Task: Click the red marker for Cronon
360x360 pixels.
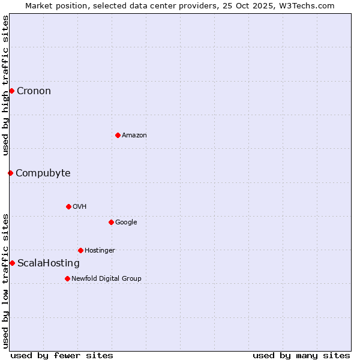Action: pyautogui.click(x=11, y=91)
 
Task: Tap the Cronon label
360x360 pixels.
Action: pyautogui.click(x=34, y=91)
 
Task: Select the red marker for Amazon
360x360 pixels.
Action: pyautogui.click(x=118, y=135)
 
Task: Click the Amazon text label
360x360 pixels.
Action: pyautogui.click(x=134, y=136)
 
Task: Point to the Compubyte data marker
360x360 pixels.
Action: pyautogui.click(x=10, y=173)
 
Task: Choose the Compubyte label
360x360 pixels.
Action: pyautogui.click(x=43, y=173)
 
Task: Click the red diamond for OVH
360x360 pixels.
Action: pyautogui.click(x=68, y=206)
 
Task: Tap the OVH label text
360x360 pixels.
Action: pyautogui.click(x=80, y=207)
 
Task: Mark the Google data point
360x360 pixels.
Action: pyautogui.click(x=111, y=222)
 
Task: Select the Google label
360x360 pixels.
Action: pyautogui.click(x=126, y=223)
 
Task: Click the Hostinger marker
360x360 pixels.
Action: pyautogui.click(x=80, y=250)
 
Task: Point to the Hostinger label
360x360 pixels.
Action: pyautogui.click(x=100, y=251)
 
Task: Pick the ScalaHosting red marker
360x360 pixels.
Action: pyautogui.click(x=12, y=263)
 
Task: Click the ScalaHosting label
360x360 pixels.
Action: pyautogui.click(x=48, y=263)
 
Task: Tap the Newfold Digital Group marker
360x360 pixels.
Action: pyautogui.click(x=67, y=278)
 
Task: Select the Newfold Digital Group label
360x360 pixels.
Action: pyautogui.click(x=106, y=279)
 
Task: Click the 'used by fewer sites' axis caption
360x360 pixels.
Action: pyautogui.click(x=62, y=355)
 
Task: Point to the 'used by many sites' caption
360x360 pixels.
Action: pyautogui.click(x=301, y=355)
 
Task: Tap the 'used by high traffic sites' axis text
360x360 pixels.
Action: pyautogui.click(x=5, y=85)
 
